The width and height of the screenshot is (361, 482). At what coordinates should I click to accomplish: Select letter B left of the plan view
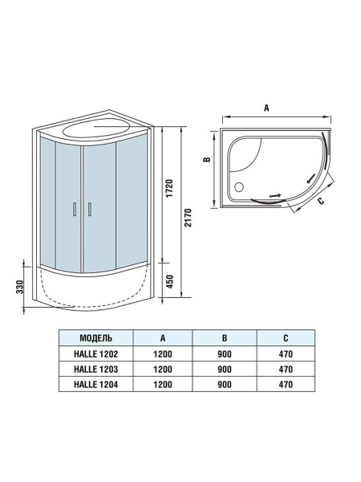(206, 160)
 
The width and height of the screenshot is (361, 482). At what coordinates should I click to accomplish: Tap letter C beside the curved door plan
(320, 202)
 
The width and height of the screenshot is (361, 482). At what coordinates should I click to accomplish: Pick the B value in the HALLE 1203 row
(224, 369)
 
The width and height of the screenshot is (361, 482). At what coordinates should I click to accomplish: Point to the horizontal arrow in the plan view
(274, 194)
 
